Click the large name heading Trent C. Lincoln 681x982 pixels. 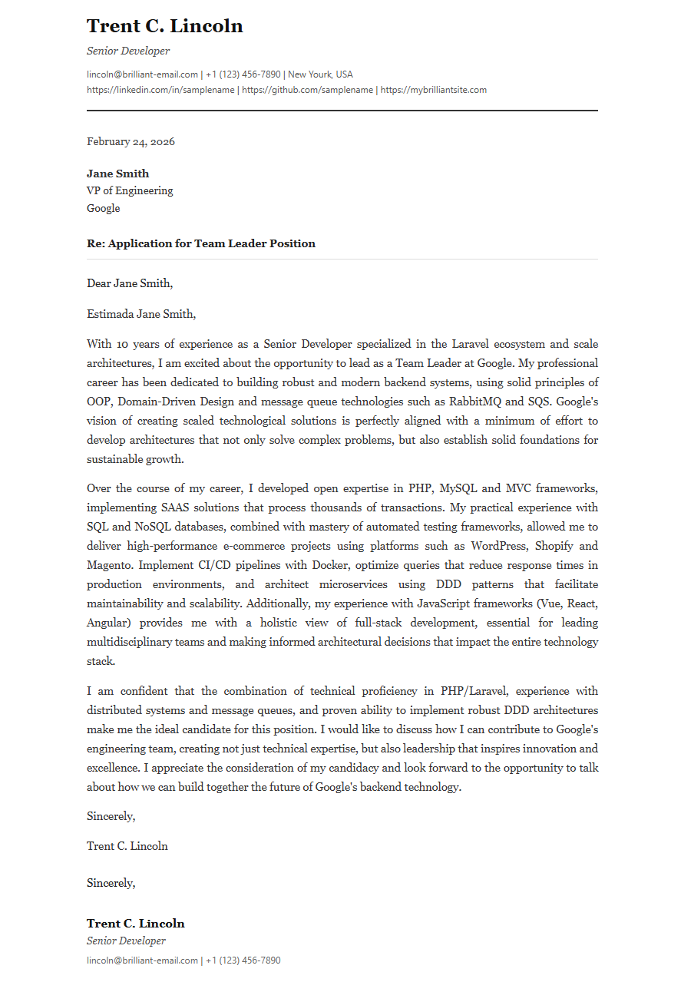coord(164,26)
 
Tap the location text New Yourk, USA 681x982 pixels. coord(320,74)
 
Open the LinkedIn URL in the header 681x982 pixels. coord(161,90)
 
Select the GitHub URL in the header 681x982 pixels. coord(308,90)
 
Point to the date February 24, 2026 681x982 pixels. coord(131,141)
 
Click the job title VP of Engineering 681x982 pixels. coord(130,190)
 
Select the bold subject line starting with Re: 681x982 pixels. coord(201,243)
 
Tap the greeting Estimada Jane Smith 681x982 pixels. coord(141,313)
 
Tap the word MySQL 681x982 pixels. coord(459,488)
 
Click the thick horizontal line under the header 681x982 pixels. coord(342,111)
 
